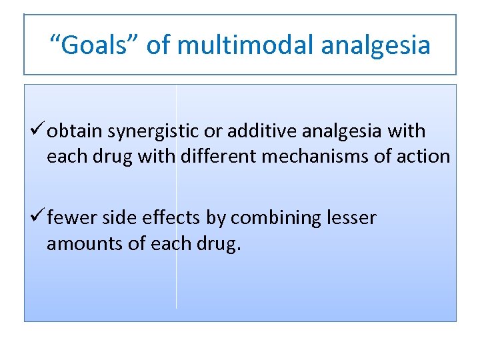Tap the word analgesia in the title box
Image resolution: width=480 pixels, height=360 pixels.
(x=375, y=45)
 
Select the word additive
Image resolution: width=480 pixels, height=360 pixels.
(x=257, y=132)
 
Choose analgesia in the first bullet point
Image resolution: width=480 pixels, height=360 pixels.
(x=338, y=132)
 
